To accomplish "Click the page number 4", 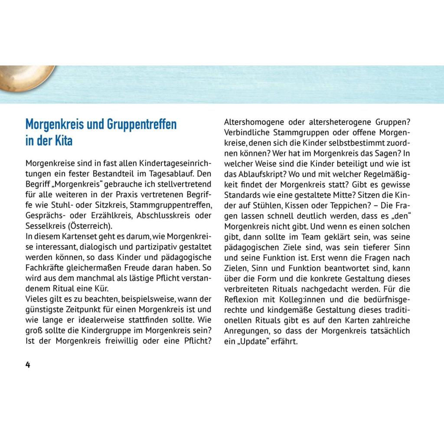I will [x=28, y=365].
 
